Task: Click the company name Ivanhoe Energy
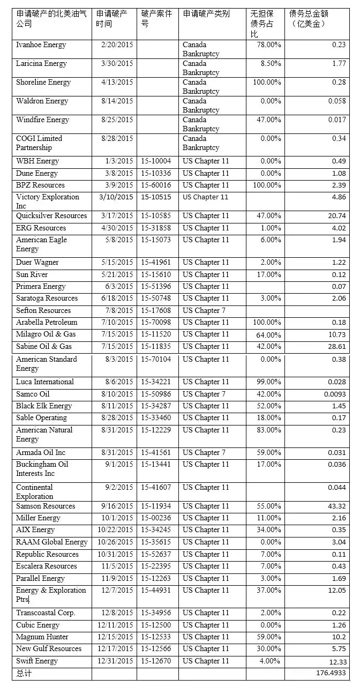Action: coord(41,45)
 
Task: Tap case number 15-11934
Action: coord(156,506)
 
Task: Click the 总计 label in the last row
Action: coord(24,673)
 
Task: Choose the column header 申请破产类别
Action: coord(206,14)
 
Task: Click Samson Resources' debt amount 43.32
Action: coord(335,506)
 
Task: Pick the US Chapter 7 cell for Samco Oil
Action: coord(204,394)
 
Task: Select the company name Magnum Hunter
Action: coord(42,637)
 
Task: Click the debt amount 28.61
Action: coord(335,347)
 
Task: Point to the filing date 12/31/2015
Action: coord(115,661)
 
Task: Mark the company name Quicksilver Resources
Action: coord(51,216)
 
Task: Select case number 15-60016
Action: coord(156,185)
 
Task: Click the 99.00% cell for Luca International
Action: coord(268,382)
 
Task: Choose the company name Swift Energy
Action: coord(37,661)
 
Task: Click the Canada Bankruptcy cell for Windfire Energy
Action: coord(201,124)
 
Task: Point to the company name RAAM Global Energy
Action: coord(52,542)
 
